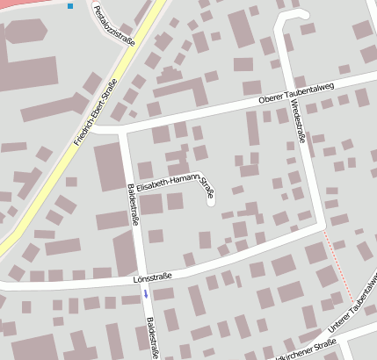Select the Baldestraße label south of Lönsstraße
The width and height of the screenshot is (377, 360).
pyautogui.click(x=151, y=333)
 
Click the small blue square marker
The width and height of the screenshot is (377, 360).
pyautogui.click(x=70, y=6)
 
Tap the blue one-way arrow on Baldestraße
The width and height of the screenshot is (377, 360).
pyautogui.click(x=146, y=295)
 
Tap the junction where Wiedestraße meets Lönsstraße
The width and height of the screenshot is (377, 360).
pyautogui.click(x=320, y=227)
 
